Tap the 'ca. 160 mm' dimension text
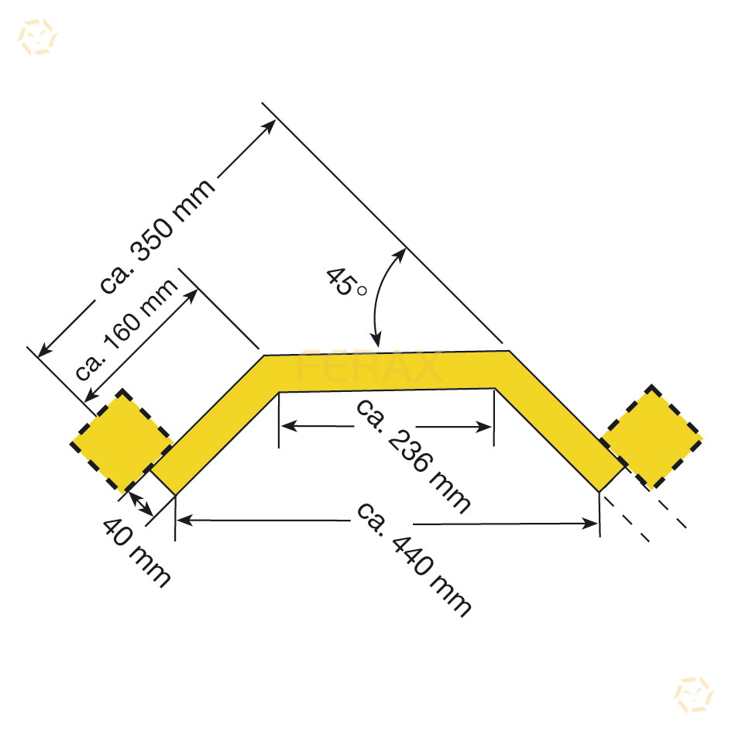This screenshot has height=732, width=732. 126,329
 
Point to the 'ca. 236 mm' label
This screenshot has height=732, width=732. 413,456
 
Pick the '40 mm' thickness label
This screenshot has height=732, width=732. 136,552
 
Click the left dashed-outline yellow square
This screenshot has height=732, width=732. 122,442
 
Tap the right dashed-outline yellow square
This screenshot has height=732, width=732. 651,437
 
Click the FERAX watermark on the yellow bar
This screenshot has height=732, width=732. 369,366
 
